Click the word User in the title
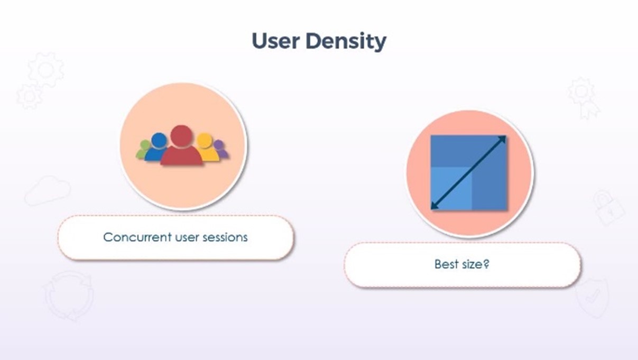pos(276,41)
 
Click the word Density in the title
pos(346,42)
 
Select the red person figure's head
pos(181,136)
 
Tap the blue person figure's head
pos(159,141)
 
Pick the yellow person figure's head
pos(205,141)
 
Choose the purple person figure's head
pos(219,145)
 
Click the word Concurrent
pos(137,237)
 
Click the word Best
pos(446,264)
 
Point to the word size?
pos(476,265)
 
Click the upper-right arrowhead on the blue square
pos(503,139)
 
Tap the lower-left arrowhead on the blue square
pos(434,206)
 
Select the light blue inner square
pos(451,189)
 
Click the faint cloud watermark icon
pos(48,190)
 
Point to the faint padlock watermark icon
pos(609,208)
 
